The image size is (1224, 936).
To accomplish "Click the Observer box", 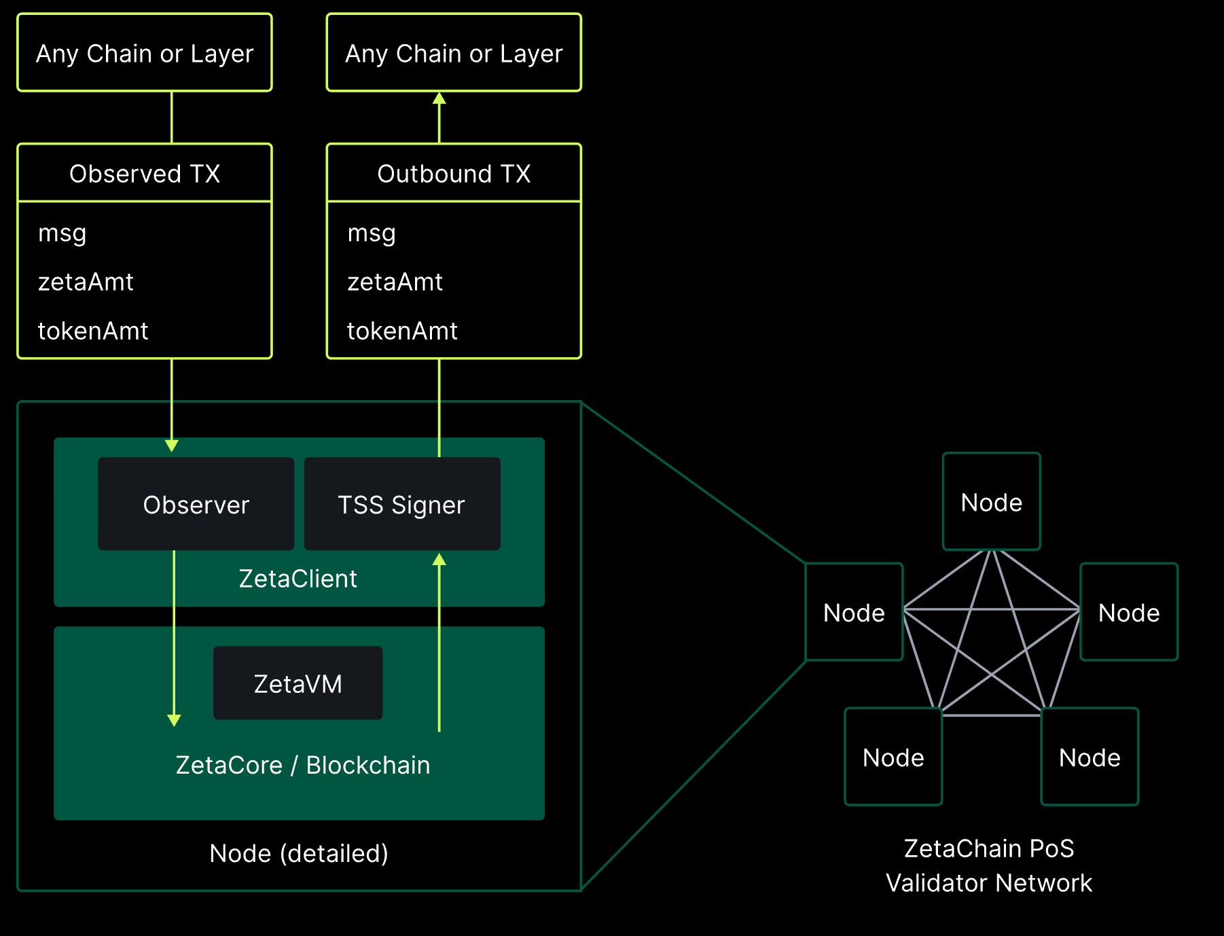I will pyautogui.click(x=196, y=504).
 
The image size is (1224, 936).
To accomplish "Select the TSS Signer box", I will pyautogui.click(x=402, y=504).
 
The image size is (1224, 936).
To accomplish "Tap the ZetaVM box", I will pyautogui.click(x=298, y=683).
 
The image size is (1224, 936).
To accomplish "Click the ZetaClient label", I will pyautogui.click(x=298, y=579).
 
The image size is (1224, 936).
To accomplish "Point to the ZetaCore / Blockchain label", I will pyautogui.click(x=302, y=766).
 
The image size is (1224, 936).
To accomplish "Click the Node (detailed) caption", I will pyautogui.click(x=299, y=854).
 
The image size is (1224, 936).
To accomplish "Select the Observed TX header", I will pyautogui.click(x=145, y=174).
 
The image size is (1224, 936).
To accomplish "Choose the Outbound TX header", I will pyautogui.click(x=454, y=174).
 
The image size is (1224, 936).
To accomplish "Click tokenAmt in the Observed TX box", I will pyautogui.click(x=93, y=331).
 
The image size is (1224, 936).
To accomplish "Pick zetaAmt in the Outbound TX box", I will pyautogui.click(x=395, y=282).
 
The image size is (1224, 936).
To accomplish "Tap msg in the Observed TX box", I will pyautogui.click(x=62, y=234).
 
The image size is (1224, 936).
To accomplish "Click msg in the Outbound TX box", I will pyautogui.click(x=372, y=234).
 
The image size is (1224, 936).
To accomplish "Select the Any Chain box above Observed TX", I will pyautogui.click(x=145, y=53).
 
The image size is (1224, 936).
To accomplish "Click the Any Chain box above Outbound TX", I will pyautogui.click(x=454, y=53).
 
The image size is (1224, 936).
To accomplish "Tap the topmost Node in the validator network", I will pyautogui.click(x=992, y=502).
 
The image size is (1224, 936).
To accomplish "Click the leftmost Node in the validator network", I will pyautogui.click(x=854, y=612).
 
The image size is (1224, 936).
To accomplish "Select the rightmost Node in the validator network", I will pyautogui.click(x=1129, y=612).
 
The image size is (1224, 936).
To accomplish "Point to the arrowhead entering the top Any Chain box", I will pyautogui.click(x=439, y=99).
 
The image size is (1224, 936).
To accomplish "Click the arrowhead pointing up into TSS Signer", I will pyautogui.click(x=439, y=559).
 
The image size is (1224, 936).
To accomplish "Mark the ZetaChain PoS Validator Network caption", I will pyautogui.click(x=989, y=865).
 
